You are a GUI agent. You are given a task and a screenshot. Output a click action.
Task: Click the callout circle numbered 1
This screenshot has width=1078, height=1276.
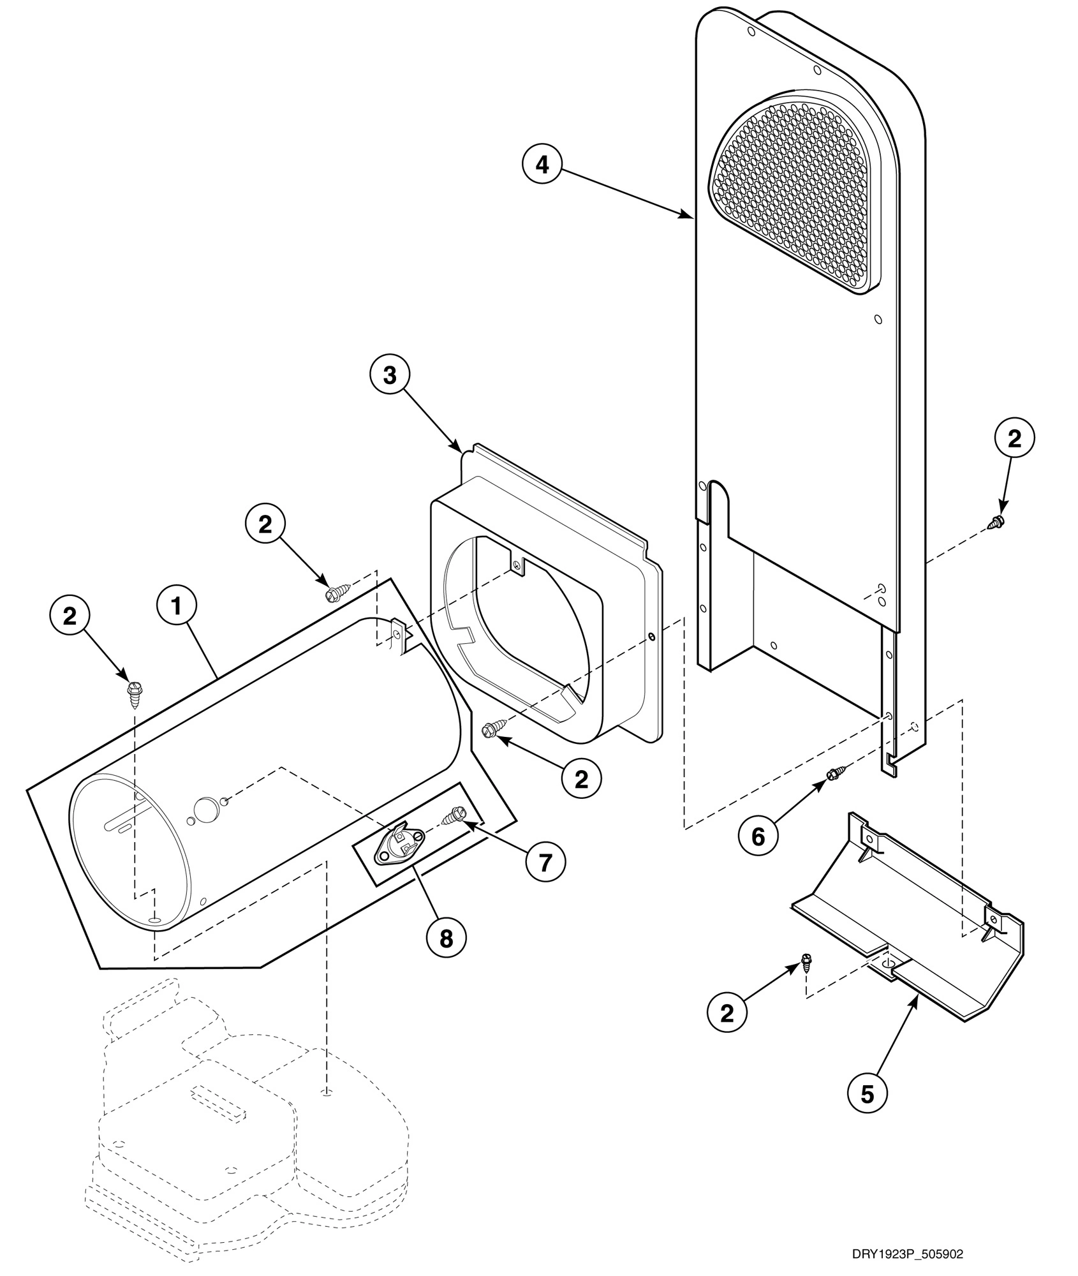point(177,607)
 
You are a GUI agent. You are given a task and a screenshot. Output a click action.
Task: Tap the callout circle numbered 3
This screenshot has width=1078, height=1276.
point(390,376)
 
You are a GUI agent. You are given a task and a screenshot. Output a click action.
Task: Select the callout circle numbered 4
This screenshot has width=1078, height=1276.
point(542,165)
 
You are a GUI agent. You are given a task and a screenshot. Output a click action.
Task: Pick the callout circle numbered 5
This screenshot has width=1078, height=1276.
point(867,1094)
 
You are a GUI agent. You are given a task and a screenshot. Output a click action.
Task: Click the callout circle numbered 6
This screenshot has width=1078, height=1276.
point(758,836)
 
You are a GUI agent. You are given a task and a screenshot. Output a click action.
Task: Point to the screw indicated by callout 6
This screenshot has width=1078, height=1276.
point(834,775)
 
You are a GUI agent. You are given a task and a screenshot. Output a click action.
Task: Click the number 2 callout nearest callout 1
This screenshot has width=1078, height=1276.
point(69,616)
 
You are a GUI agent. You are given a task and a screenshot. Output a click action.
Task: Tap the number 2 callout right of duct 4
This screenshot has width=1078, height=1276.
point(1014,438)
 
